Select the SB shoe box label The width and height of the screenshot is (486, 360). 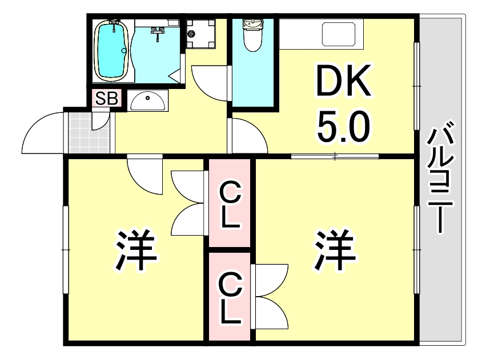(x=106, y=99)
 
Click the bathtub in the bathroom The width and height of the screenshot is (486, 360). (x=111, y=50)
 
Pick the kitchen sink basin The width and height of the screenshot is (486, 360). (x=343, y=34)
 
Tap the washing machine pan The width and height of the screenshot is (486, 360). (x=200, y=33)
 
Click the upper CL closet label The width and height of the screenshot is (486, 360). (x=230, y=204)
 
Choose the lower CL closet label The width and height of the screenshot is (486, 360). (x=230, y=298)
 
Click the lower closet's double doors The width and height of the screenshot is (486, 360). (x=271, y=296)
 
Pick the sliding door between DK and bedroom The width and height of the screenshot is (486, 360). (x=335, y=156)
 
